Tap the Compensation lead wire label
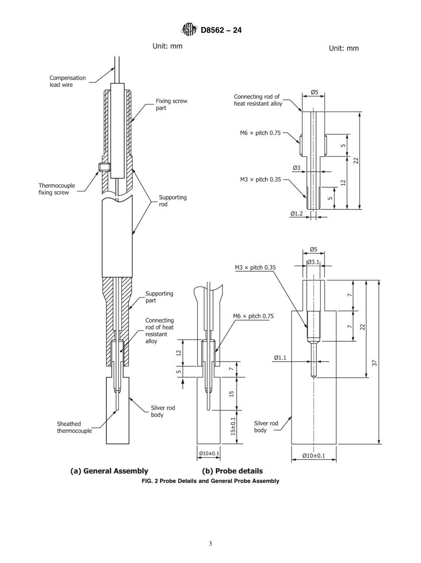(67, 81)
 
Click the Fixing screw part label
(171, 104)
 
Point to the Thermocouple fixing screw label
(56, 189)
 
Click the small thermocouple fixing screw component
(104, 167)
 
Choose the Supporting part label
(159, 297)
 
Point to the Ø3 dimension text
(296, 168)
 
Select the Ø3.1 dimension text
(313, 262)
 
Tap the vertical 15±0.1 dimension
(233, 427)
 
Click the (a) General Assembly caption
(109, 471)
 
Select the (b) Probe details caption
(232, 471)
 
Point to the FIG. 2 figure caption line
(210, 481)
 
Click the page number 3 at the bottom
(210, 544)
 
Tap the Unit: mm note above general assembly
(167, 46)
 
